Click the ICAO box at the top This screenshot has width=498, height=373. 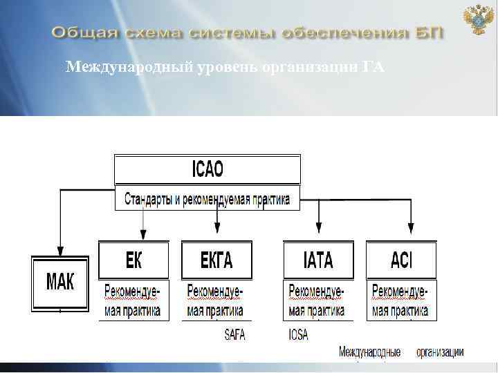pyautogui.click(x=207, y=169)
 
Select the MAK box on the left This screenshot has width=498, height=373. pyautogui.click(x=60, y=283)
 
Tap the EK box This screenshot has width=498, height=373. pyautogui.click(x=133, y=260)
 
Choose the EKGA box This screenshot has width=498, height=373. pyautogui.click(x=216, y=260)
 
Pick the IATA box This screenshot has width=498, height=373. pyautogui.click(x=318, y=260)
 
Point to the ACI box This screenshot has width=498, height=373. pyautogui.click(x=401, y=260)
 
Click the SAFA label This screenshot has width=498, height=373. pyautogui.click(x=235, y=335)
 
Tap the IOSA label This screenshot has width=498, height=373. pyautogui.click(x=299, y=335)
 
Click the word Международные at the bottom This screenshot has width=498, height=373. pyautogui.click(x=369, y=352)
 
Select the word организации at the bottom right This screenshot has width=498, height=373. pyautogui.click(x=439, y=352)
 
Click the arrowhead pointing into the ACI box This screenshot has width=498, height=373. pyautogui.click(x=411, y=227)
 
